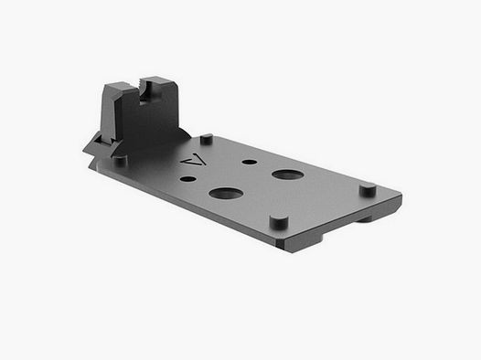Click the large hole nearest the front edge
tap(226, 193)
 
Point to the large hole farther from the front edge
tap(287, 174)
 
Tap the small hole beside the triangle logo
tap(187, 179)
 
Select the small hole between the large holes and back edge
tap(249, 162)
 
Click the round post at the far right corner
tap(367, 190)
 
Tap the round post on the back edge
tap(207, 139)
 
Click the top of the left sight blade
tap(113, 85)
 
